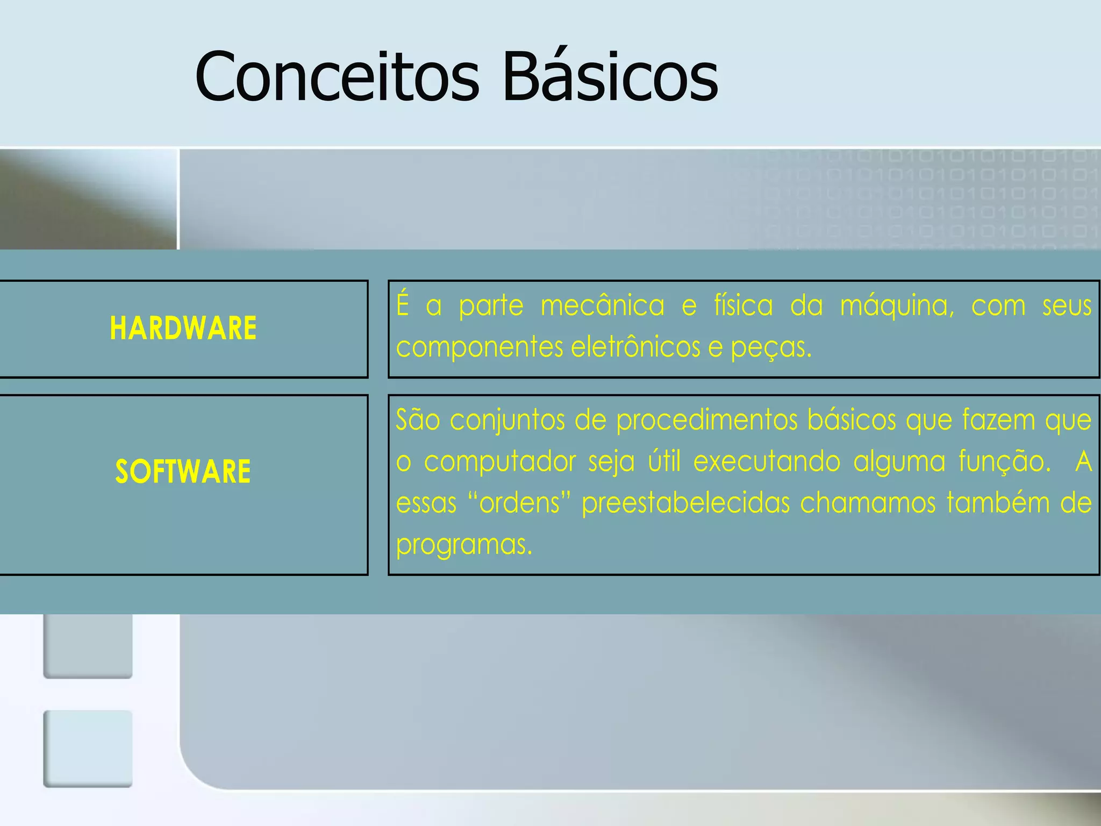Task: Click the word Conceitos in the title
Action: click(x=337, y=77)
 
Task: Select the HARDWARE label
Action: click(x=183, y=329)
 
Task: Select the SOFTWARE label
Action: click(x=183, y=472)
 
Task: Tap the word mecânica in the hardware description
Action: click(x=602, y=306)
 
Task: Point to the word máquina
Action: click(x=897, y=306)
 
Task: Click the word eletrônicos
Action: click(x=635, y=347)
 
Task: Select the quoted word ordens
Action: click(x=519, y=503)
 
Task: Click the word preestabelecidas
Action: click(x=685, y=503)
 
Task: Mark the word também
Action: click(x=998, y=503)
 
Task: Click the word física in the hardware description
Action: click(x=743, y=306)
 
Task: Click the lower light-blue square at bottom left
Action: click(x=88, y=749)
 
